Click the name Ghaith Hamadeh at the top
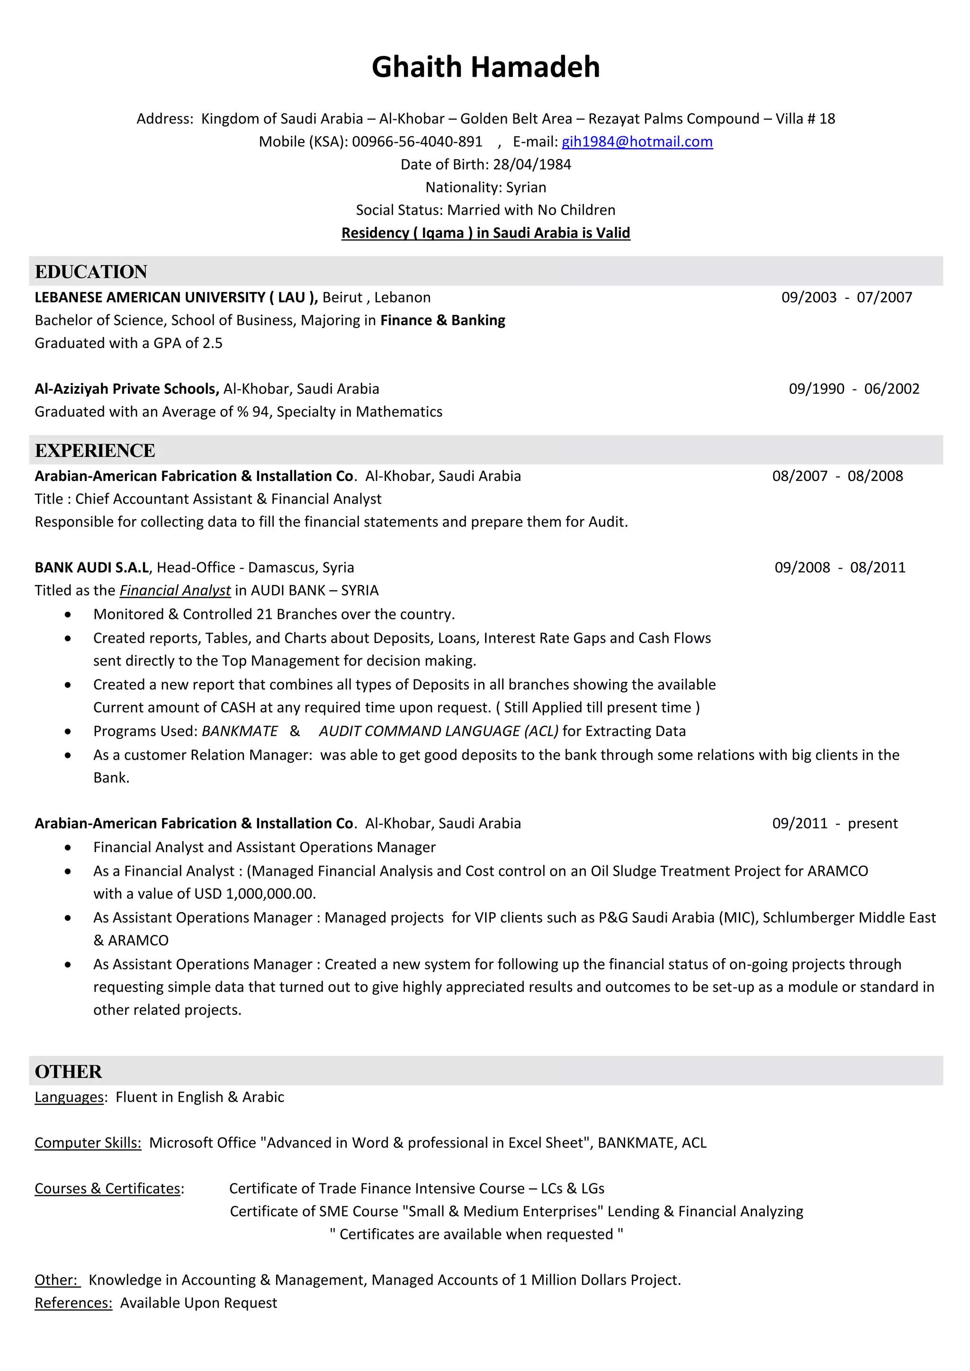tap(485, 67)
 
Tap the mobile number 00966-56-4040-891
tap(417, 142)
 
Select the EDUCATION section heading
tap(91, 272)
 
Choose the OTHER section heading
tap(68, 1071)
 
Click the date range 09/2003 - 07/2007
tap(846, 297)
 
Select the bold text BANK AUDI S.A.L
tap(91, 567)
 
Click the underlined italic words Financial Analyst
tap(174, 590)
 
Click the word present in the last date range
tap(872, 823)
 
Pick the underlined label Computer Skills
tap(88, 1143)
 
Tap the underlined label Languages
tap(69, 1097)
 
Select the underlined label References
tap(73, 1303)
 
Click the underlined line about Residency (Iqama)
tap(485, 233)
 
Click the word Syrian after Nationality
tap(526, 187)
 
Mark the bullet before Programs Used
tap(68, 731)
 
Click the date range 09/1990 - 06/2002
tap(853, 389)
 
